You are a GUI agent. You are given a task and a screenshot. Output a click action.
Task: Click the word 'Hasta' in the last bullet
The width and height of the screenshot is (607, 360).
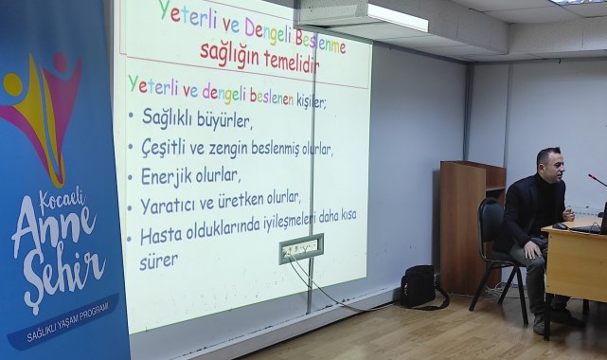pyautogui.click(x=161, y=236)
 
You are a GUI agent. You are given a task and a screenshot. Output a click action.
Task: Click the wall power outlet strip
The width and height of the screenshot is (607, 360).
pyautogui.click(x=300, y=248)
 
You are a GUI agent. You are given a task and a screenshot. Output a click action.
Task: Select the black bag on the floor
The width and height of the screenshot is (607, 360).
pyautogui.click(x=418, y=286)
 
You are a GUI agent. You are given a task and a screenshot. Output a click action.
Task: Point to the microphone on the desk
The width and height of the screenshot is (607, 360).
pyautogui.click(x=597, y=179)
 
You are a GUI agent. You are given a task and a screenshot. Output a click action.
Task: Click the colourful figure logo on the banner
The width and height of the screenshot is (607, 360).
pyautogui.click(x=41, y=109)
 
